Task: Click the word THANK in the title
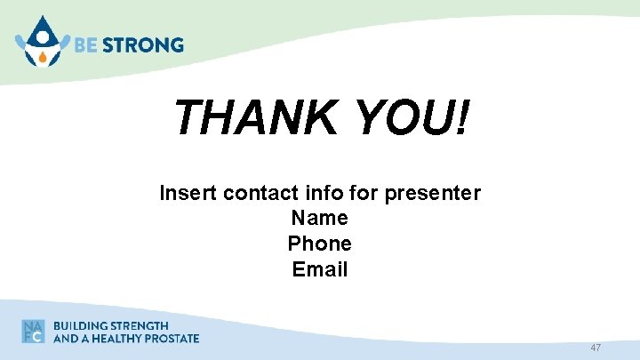click(256, 117)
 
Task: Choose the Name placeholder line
click(319, 218)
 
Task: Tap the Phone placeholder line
click(319, 244)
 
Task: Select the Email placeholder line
click(319, 269)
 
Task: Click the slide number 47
click(595, 348)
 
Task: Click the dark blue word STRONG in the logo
click(142, 45)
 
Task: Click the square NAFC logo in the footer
click(34, 331)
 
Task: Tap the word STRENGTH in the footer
click(139, 325)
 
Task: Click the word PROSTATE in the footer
click(173, 338)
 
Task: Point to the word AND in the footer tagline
click(65, 338)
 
